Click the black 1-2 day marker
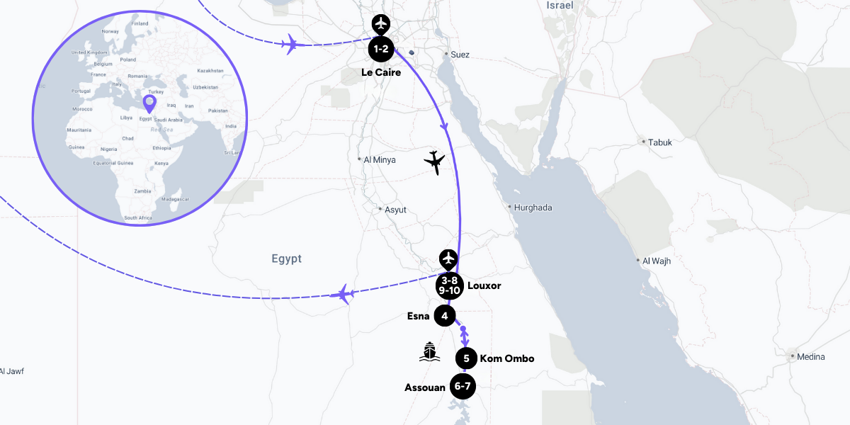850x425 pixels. [x=380, y=49]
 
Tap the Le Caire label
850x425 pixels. [x=380, y=72]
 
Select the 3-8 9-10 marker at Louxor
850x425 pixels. [x=449, y=285]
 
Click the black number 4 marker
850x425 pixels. [x=444, y=316]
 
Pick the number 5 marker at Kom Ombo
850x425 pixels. [x=466, y=358]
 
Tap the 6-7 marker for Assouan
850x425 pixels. [x=462, y=387]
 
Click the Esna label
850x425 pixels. [x=418, y=316]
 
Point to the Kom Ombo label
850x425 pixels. [x=507, y=358]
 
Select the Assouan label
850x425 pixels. [x=425, y=387]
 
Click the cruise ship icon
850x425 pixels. [x=429, y=351]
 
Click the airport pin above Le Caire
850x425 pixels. [x=381, y=24]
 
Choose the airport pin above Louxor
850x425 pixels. [x=448, y=259]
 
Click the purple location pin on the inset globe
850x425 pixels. [x=149, y=104]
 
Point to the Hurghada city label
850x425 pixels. [x=533, y=208]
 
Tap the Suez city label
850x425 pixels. [x=460, y=54]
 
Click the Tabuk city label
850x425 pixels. [x=659, y=142]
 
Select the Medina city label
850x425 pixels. [x=810, y=356]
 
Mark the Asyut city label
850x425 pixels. [x=395, y=210]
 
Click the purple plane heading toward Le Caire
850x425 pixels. [x=289, y=45]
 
